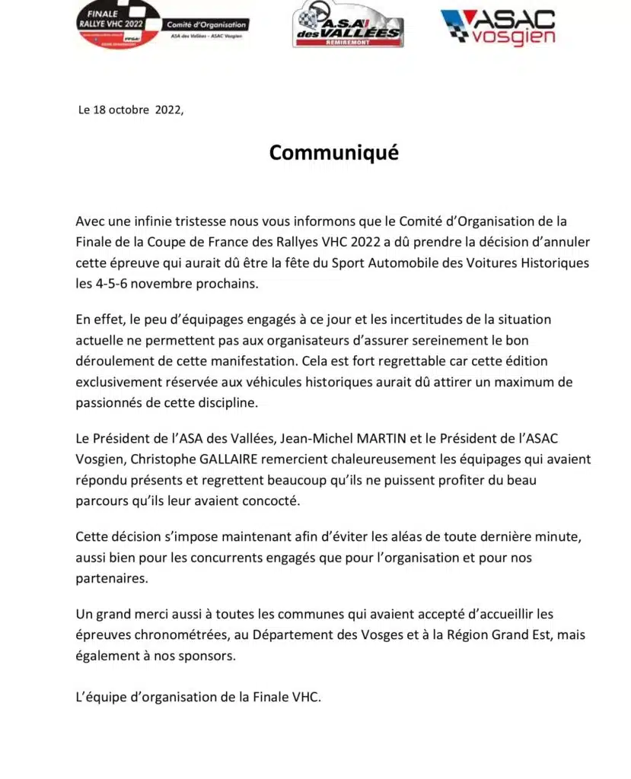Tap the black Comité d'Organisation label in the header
pos(206,24)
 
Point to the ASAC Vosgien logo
pos(499,27)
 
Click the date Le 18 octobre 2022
pos(131,110)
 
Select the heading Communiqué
pos(333,153)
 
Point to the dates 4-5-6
pos(122,285)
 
